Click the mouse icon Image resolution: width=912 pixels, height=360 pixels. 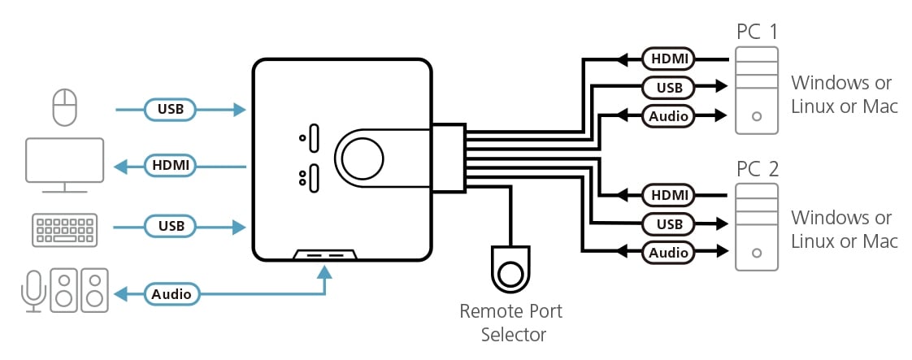tap(64, 107)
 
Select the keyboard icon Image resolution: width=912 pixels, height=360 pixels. tap(65, 228)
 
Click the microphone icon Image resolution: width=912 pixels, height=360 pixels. tap(32, 291)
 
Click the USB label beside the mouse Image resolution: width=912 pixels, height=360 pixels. tap(171, 108)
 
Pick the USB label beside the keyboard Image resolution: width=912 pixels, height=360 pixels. tap(171, 226)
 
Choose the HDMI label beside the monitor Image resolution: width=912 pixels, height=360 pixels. tap(172, 166)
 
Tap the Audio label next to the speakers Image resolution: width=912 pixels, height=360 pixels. tap(172, 293)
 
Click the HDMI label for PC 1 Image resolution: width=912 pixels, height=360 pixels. tap(668, 59)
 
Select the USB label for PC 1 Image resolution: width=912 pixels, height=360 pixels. tap(668, 86)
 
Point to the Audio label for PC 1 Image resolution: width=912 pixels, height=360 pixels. tap(668, 115)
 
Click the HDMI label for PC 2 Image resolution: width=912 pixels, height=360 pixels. tap(668, 195)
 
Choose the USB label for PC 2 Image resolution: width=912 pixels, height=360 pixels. tap(668, 223)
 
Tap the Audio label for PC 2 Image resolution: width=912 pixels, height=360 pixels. tap(668, 253)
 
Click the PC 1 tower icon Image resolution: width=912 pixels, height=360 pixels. tap(757, 90)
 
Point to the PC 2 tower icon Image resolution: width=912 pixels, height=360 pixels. tap(757, 227)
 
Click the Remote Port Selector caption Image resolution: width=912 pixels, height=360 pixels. tap(510, 323)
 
